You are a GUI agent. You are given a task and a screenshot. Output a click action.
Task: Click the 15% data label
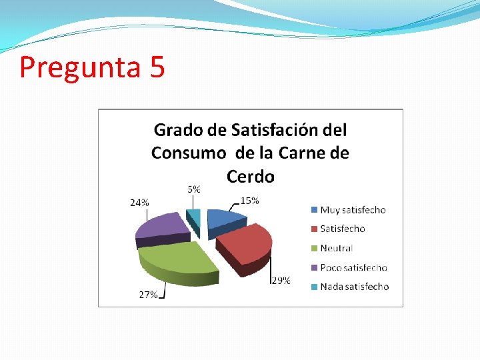click(250, 200)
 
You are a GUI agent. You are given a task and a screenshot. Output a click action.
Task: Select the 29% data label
click(281, 281)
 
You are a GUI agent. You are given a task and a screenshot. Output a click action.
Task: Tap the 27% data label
click(148, 294)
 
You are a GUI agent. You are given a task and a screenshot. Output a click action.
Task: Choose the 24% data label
click(139, 203)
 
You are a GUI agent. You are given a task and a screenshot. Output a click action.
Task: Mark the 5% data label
click(193, 189)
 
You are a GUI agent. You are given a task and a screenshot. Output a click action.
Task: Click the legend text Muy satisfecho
click(353, 210)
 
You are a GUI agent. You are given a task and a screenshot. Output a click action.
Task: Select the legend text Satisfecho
click(343, 229)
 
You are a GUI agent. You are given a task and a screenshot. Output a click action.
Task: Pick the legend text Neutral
click(337, 248)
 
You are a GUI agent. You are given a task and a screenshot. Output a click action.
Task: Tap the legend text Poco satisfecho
click(353, 267)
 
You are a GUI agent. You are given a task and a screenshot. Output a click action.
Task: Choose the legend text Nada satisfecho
click(354, 287)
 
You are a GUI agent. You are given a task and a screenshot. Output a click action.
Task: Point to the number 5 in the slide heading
click(158, 67)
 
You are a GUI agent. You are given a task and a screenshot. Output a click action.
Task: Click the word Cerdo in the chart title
click(250, 177)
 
